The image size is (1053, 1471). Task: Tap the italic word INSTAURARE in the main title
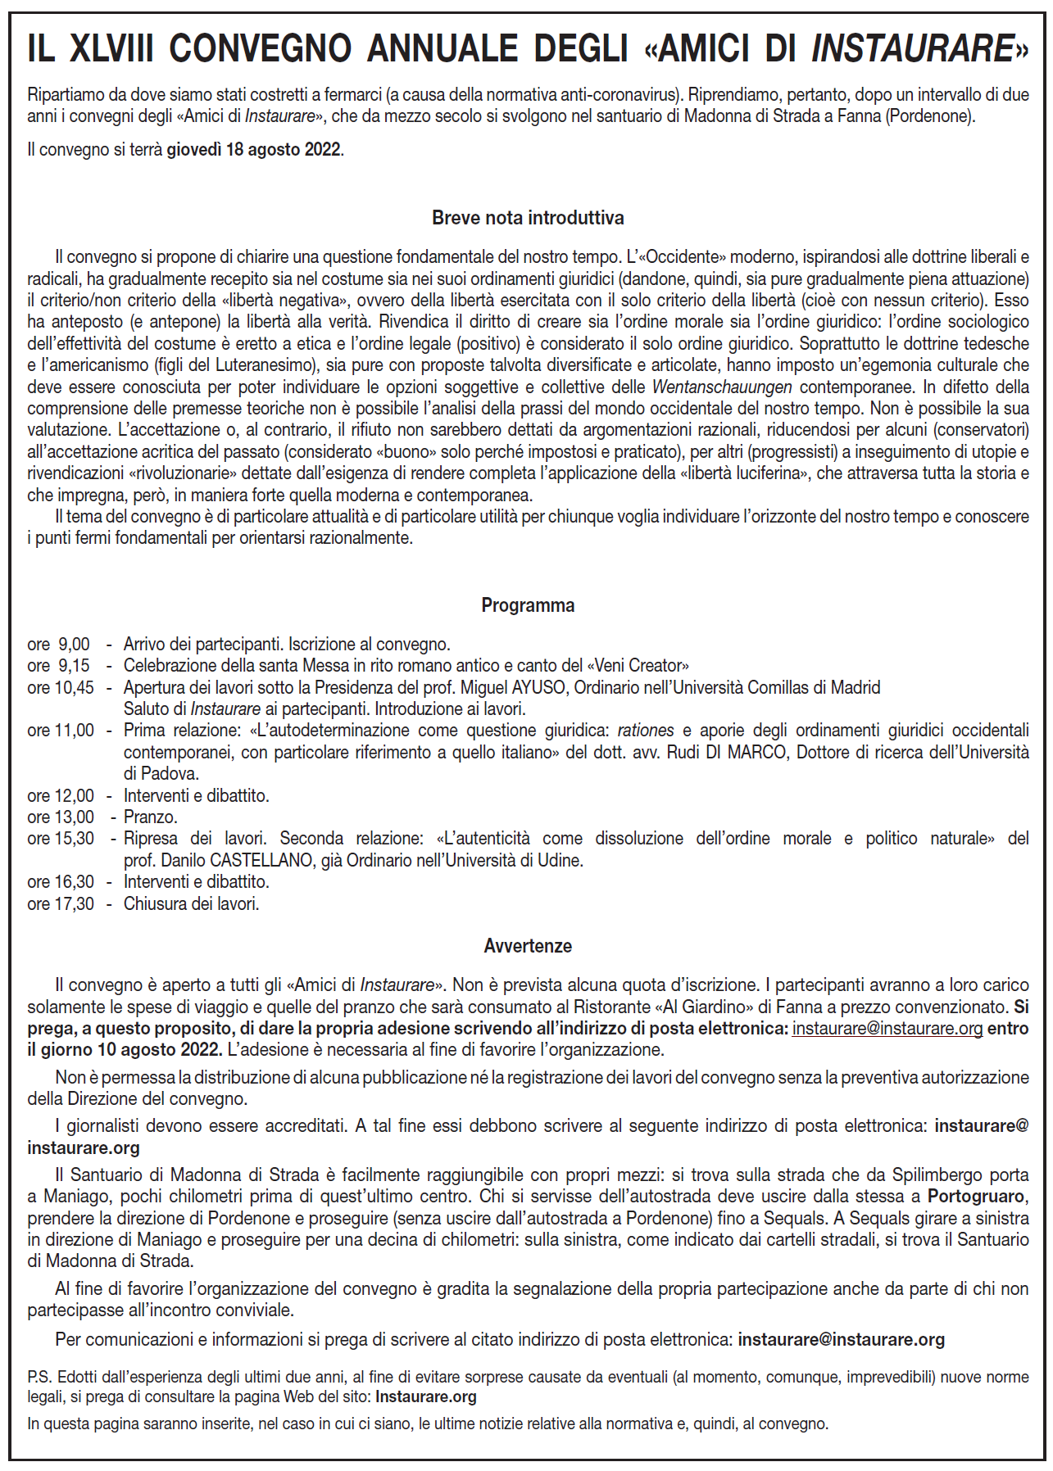point(913,49)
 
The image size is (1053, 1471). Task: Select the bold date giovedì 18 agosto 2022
point(254,150)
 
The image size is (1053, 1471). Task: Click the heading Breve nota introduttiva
point(528,218)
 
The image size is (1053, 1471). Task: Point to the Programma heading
point(528,605)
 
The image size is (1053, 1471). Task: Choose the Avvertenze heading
point(528,946)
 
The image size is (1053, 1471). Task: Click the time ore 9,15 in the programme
point(58,666)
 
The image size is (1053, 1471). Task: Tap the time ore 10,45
point(60,688)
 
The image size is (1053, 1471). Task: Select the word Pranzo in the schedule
point(150,817)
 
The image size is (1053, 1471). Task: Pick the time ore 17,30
point(60,904)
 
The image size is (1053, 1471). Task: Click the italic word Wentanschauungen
point(721,387)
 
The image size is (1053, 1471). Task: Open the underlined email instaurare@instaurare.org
point(887,1029)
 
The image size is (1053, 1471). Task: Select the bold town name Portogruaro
point(975,1197)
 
